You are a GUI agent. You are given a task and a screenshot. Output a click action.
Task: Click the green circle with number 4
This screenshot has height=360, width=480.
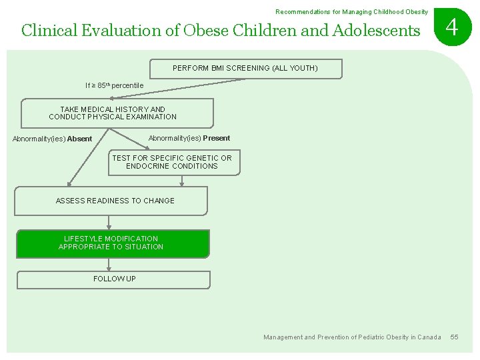click(x=452, y=28)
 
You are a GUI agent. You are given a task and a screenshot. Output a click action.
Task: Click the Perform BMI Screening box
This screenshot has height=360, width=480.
click(x=245, y=69)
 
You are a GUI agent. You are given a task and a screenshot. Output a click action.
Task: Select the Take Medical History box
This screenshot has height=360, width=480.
click(x=117, y=113)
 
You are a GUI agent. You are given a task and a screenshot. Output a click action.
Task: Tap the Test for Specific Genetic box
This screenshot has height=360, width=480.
click(x=173, y=162)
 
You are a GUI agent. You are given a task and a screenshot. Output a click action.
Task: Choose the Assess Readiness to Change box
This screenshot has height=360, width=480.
click(x=111, y=201)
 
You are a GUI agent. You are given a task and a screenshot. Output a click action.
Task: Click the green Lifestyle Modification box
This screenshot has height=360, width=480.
click(x=112, y=243)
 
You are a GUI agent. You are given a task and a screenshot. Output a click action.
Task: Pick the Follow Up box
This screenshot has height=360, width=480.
click(x=113, y=279)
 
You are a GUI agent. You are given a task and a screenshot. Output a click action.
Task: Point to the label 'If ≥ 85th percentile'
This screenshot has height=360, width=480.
click(x=114, y=86)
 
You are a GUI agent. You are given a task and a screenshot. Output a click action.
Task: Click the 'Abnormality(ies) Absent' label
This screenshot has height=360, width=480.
click(x=53, y=139)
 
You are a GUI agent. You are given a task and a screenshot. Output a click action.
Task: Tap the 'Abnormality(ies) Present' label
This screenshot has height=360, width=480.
click(x=189, y=139)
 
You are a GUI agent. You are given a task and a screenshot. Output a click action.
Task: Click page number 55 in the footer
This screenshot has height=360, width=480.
click(x=454, y=337)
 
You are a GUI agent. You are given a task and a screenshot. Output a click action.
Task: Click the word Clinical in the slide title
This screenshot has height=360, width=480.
click(x=47, y=31)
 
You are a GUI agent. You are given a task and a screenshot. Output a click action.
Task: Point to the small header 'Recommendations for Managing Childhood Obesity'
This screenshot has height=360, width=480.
click(x=351, y=12)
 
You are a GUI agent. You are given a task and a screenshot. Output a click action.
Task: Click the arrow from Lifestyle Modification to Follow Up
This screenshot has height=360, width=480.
click(x=109, y=265)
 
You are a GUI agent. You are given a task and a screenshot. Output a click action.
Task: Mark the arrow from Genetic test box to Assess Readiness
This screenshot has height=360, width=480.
click(x=181, y=181)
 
